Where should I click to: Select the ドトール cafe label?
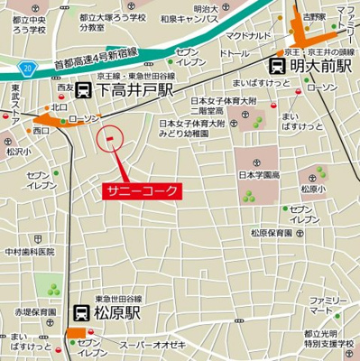click(x=234, y=54)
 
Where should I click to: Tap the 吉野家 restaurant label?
click(x=315, y=17)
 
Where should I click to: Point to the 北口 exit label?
click(x=60, y=107)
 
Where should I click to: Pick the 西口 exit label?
click(x=42, y=131)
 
